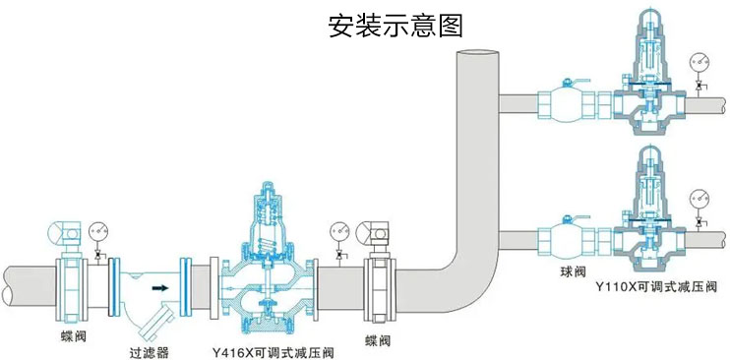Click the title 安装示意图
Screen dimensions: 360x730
[395, 25]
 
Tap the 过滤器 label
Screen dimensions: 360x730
[149, 349]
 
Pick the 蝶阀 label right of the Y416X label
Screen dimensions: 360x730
[378, 340]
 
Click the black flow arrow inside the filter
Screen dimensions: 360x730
[156, 289]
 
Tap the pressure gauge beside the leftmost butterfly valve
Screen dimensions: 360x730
[98, 232]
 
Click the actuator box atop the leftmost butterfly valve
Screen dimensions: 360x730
[64, 233]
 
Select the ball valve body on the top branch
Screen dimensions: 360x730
[564, 103]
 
